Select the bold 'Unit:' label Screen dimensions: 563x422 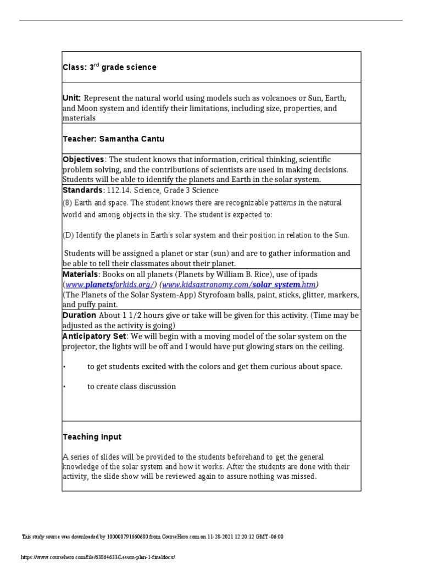coord(72,97)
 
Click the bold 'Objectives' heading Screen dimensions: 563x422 coord(83,159)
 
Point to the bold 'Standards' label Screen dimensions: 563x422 coord(82,190)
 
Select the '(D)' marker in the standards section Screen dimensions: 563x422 coord(68,235)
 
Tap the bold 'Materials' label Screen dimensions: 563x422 coord(80,274)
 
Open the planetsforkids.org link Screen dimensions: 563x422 coord(110,284)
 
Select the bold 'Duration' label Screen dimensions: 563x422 coord(79,316)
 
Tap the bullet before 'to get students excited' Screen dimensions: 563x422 coord(65,367)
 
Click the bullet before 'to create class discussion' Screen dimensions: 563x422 coord(65,387)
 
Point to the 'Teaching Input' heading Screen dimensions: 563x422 coord(92,437)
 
